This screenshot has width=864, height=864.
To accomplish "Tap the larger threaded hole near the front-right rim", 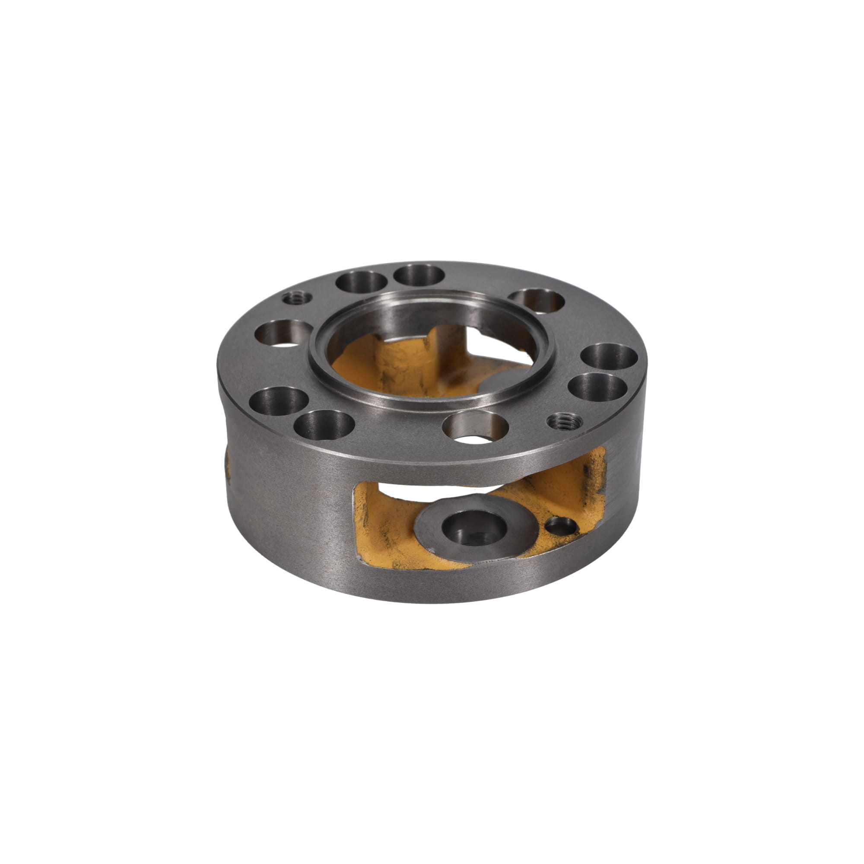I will pos(563,420).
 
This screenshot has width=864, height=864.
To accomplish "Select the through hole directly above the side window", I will pos(475,427).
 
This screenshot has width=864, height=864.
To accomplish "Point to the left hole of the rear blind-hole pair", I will pos(361,282).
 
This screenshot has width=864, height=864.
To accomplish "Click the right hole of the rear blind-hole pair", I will pos(419,274).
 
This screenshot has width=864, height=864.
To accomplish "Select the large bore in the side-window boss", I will pos(474,526).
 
